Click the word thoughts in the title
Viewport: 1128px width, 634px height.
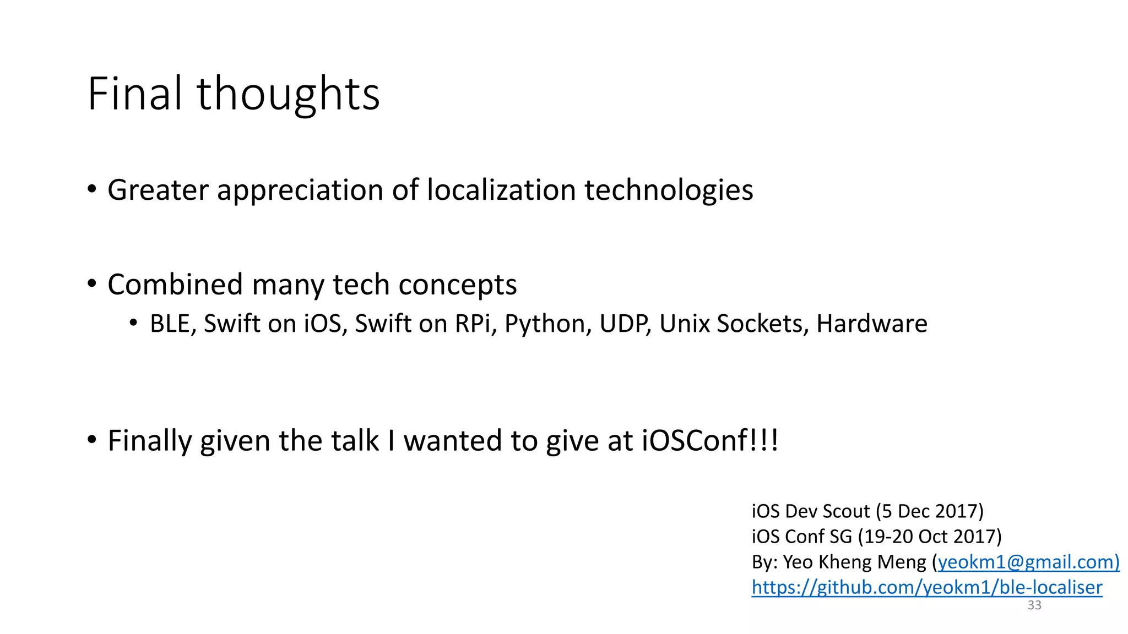tap(288, 95)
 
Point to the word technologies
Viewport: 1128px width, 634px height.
tap(668, 190)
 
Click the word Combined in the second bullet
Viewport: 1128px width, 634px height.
tap(175, 285)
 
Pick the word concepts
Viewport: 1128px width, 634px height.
tap(457, 286)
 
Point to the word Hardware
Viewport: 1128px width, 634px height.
tap(871, 324)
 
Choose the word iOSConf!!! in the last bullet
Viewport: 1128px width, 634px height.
tap(710, 441)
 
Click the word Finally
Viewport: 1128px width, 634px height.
tap(149, 441)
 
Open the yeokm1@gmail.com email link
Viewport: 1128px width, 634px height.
tap(1028, 562)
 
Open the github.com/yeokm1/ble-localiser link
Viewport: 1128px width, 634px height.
tap(926, 587)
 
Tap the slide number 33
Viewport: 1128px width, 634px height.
tap(1034, 605)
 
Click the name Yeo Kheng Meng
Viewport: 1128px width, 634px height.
tap(854, 562)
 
